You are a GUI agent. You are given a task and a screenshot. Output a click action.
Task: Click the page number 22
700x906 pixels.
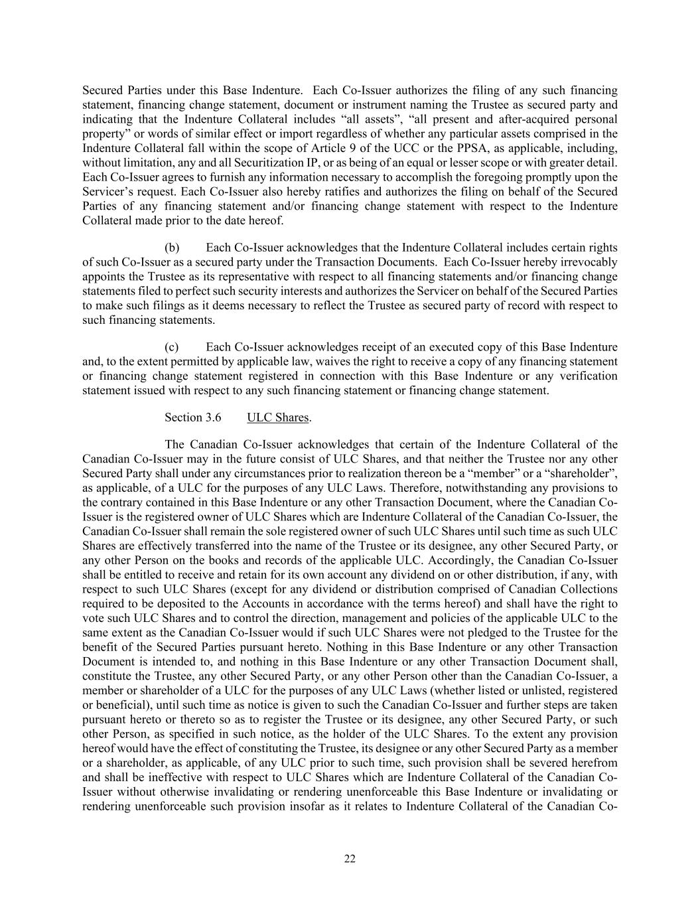coord(350,859)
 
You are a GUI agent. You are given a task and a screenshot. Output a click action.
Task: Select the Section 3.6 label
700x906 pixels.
coord(192,417)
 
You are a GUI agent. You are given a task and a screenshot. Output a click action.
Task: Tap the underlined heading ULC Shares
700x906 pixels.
coord(277,417)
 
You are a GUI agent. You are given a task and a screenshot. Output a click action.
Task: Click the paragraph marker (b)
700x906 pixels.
coord(172,248)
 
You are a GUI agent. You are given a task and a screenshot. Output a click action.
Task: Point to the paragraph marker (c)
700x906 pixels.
coord(172,347)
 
